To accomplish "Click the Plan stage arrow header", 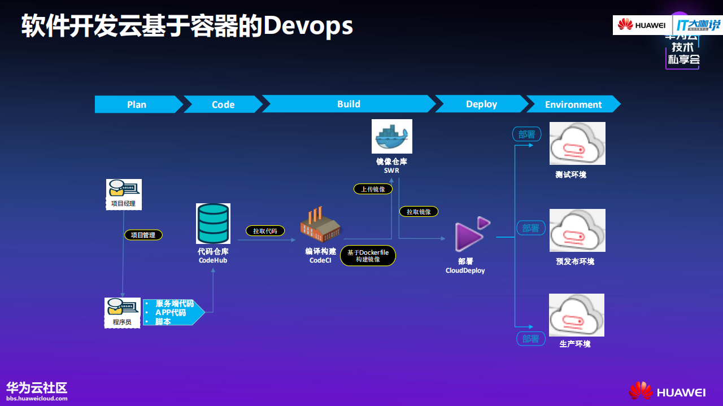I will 137,104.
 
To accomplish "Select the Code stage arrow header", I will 223,104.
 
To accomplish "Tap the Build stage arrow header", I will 349,104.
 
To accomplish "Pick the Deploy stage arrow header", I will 481,104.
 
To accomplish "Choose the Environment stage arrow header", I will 573,104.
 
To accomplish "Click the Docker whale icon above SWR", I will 391,136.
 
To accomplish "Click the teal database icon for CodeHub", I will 213,224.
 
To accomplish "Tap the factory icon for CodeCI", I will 320,225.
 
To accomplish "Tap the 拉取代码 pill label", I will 265,231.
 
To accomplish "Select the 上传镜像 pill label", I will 373,189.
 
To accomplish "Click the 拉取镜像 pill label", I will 419,212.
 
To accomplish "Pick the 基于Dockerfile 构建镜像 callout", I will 368,256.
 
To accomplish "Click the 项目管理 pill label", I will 143,235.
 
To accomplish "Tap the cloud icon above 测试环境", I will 577,143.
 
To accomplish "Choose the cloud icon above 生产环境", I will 576,315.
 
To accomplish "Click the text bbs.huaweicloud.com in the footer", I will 37,399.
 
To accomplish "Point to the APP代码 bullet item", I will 171,312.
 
